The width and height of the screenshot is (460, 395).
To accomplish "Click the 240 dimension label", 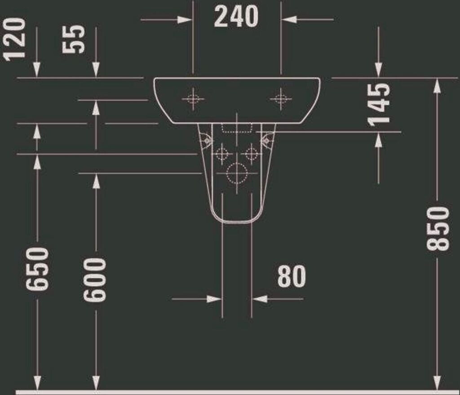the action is pyautogui.click(x=236, y=18).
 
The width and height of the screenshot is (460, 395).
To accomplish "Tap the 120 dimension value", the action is pyautogui.click(x=14, y=39).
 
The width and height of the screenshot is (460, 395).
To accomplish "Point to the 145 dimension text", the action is pyautogui.click(x=379, y=104).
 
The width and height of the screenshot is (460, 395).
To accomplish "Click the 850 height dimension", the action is pyautogui.click(x=437, y=228).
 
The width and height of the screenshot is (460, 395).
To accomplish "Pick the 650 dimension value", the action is pyautogui.click(x=37, y=269).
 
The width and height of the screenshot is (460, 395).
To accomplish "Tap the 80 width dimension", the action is pyautogui.click(x=291, y=276).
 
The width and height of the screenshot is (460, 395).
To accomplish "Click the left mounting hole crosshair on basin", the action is pyautogui.click(x=193, y=98).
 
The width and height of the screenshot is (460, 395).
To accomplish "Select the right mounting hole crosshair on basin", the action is pyautogui.click(x=281, y=98).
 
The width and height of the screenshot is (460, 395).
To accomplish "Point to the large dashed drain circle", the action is pyautogui.click(x=237, y=173).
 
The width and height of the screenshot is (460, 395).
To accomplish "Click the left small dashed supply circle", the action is pyautogui.click(x=222, y=154).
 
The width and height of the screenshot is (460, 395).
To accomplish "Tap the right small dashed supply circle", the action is pyautogui.click(x=252, y=154).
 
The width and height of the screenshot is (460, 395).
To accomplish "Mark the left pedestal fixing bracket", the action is pyautogui.click(x=206, y=140).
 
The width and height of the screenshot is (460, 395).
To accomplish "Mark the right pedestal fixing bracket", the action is pyautogui.click(x=267, y=140).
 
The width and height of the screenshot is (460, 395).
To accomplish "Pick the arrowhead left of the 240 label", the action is pyautogui.click(x=185, y=20).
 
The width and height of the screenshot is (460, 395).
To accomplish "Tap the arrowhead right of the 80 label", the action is pyautogui.click(x=260, y=299).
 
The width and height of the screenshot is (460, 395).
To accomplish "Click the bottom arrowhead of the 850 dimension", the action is pyautogui.click(x=437, y=383).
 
